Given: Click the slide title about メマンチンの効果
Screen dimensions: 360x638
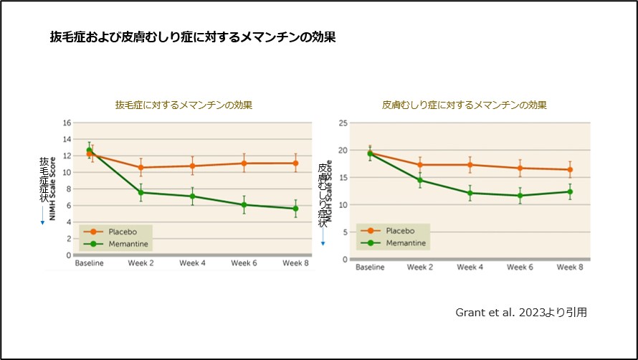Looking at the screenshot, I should pos(192,37).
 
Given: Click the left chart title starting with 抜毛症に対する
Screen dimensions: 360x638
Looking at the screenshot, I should pos(184,105).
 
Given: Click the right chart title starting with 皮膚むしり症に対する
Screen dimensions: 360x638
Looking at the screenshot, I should pos(464,105).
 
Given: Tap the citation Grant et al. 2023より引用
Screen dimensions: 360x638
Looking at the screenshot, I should pos(521,313).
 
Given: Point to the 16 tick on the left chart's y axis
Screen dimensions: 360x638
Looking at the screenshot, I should pos(67,123).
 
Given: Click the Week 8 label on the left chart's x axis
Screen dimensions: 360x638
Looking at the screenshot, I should pos(295,263).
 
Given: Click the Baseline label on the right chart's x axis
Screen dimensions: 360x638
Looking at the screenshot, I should pos(371,267).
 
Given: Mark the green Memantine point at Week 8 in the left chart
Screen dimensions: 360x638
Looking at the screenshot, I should pos(295,209).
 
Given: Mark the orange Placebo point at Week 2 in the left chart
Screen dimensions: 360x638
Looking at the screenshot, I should pos(141,167).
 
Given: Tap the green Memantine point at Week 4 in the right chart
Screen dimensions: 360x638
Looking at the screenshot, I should pos(470,193).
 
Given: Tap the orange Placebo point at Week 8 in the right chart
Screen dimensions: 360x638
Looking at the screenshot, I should pos(570,170).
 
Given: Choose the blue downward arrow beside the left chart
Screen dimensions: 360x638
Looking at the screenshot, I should pos(42,216).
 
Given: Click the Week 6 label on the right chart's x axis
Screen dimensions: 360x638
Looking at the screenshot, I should pos(520,267).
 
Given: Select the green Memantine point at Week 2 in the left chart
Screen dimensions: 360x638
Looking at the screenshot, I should pos(141,192).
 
